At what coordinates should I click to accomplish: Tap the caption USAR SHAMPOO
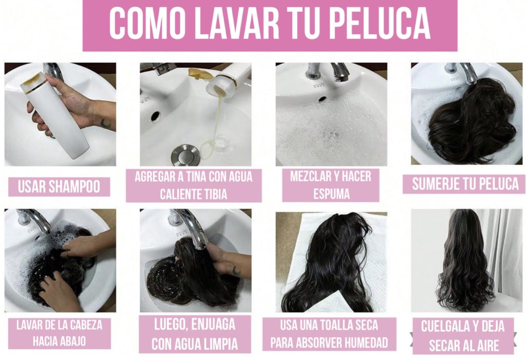coord(59,186)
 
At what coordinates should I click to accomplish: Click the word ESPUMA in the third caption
coord(331,194)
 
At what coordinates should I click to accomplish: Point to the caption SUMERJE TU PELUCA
coord(465,184)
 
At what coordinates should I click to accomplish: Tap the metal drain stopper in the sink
coord(185,155)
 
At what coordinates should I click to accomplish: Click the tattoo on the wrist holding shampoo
coord(106,123)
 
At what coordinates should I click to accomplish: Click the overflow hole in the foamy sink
coord(322,99)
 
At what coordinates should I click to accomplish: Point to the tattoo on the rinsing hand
coord(236,271)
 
